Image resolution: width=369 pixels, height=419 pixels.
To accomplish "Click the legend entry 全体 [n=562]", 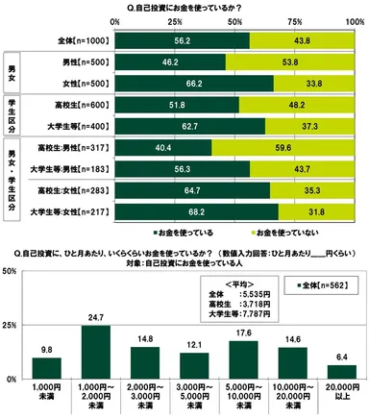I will click(x=324, y=285).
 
